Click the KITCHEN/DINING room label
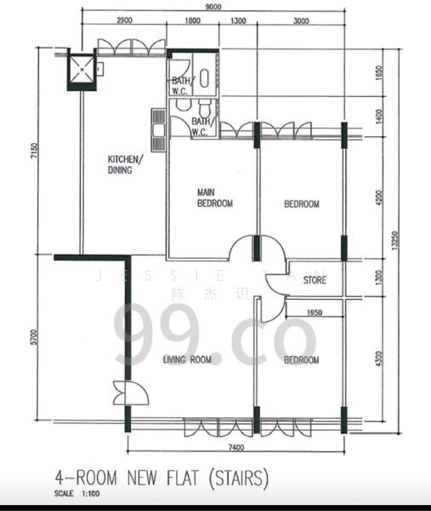[125, 164]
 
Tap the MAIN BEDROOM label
[214, 198]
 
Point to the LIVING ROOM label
[187, 360]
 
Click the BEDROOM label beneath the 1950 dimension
[302, 360]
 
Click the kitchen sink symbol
[158, 124]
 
